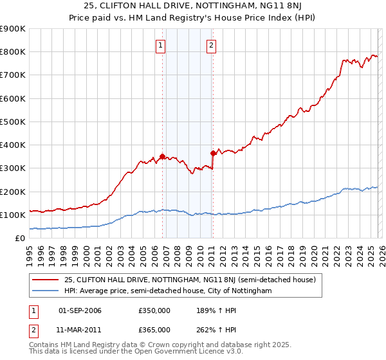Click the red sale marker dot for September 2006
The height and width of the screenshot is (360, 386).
[x=162, y=156]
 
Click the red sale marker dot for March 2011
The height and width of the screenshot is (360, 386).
[x=213, y=153]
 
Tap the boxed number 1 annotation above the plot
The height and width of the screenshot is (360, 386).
[x=160, y=45]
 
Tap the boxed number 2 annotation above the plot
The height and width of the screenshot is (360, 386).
[x=211, y=45]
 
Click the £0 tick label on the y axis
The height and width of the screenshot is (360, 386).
[x=19, y=238]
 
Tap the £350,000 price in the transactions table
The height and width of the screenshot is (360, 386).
[x=154, y=310]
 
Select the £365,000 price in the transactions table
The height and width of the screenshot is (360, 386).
[x=154, y=330]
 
